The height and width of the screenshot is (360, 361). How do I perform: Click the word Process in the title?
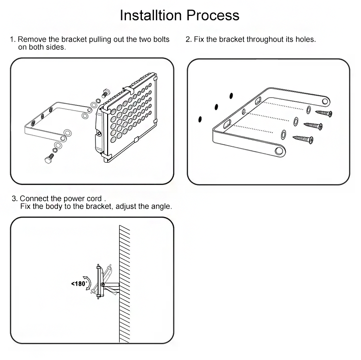click(212, 15)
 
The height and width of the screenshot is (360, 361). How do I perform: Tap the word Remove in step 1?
click(31, 39)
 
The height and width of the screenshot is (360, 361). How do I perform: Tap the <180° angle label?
click(79, 284)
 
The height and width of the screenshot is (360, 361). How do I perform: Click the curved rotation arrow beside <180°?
click(89, 283)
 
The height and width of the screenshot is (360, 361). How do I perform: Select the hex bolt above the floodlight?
click(106, 92)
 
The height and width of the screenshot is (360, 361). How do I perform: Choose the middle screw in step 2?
click(314, 127)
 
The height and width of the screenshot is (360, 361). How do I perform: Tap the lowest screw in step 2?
click(304, 140)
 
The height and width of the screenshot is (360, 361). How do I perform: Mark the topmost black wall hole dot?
click(231, 96)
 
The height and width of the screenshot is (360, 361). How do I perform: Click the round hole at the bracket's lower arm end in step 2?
click(278, 151)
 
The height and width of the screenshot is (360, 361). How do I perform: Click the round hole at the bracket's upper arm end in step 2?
click(325, 101)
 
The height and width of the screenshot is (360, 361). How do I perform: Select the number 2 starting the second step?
click(188, 39)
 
